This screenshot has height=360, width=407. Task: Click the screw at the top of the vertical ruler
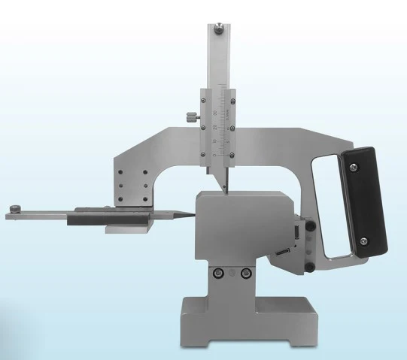[217, 31]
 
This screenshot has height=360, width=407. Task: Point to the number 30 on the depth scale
[215, 112]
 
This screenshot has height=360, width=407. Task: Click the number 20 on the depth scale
[215, 126]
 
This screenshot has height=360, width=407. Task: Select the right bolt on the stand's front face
[245, 274]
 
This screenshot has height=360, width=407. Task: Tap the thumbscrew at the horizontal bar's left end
[16, 208]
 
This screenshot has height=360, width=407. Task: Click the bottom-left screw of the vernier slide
[204, 153]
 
